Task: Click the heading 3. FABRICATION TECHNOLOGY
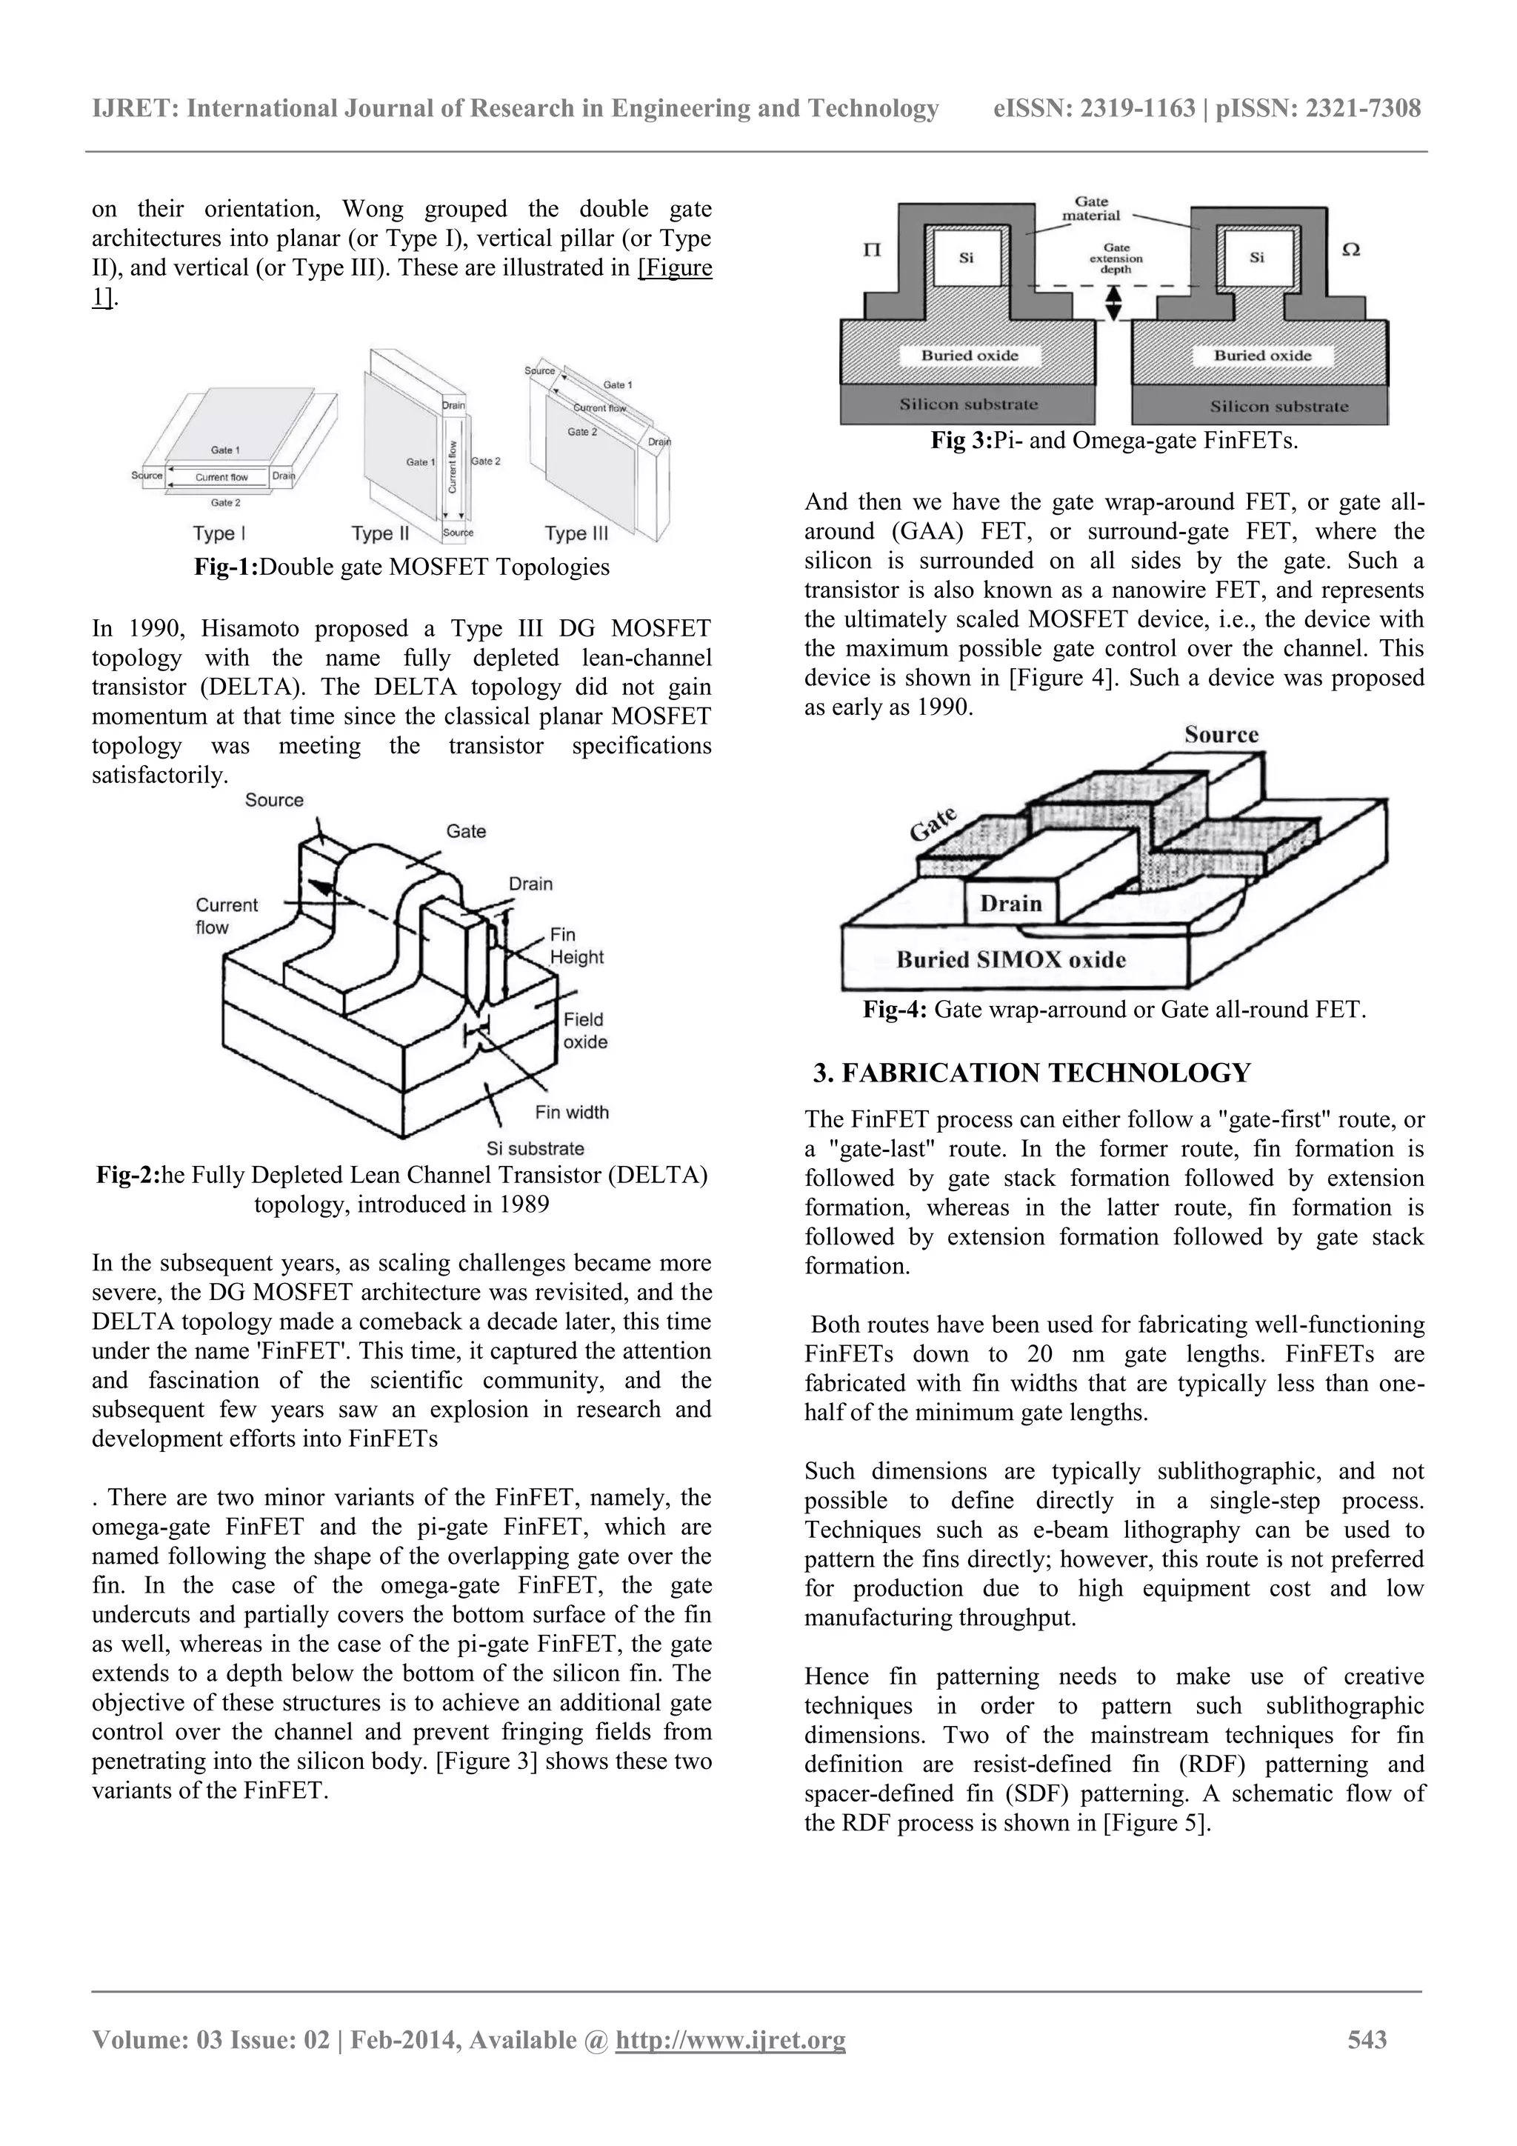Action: [1031, 1072]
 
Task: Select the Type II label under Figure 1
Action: [381, 533]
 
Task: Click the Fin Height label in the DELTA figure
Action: [576, 945]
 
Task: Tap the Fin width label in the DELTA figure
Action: [571, 1111]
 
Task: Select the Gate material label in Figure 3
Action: [1091, 208]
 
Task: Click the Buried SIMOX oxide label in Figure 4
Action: [1010, 959]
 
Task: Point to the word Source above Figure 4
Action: [1221, 735]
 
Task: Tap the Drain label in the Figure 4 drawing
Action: [1010, 903]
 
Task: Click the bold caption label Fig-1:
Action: [225, 567]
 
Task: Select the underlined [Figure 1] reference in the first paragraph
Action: [674, 268]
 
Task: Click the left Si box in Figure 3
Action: [967, 258]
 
